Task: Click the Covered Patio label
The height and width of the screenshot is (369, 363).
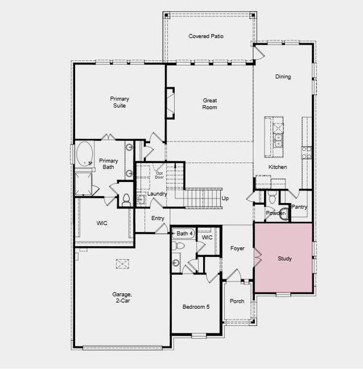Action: point(205,36)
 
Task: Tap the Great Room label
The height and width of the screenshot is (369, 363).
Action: point(210,103)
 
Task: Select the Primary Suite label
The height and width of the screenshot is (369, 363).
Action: point(119,102)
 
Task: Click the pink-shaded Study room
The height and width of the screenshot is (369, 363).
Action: point(284,258)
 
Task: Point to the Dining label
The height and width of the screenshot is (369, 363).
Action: point(283,77)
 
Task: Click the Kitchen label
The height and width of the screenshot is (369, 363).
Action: point(277,167)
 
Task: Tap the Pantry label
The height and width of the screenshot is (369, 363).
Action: point(300,207)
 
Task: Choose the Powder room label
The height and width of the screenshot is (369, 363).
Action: point(275,213)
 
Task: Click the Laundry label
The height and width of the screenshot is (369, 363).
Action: point(158,194)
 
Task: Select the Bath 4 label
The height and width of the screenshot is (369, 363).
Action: point(185,234)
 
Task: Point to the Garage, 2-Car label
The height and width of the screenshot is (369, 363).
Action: point(122,298)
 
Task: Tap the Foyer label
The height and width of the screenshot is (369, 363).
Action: point(237,248)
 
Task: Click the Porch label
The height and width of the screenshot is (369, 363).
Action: point(237,301)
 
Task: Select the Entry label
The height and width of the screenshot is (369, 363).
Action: point(158,218)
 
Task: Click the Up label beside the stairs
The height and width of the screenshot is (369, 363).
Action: point(225,199)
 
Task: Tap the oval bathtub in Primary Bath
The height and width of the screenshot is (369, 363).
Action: point(83,153)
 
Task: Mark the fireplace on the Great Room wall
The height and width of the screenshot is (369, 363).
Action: point(170,101)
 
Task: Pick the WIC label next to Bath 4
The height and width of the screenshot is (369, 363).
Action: point(207,237)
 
